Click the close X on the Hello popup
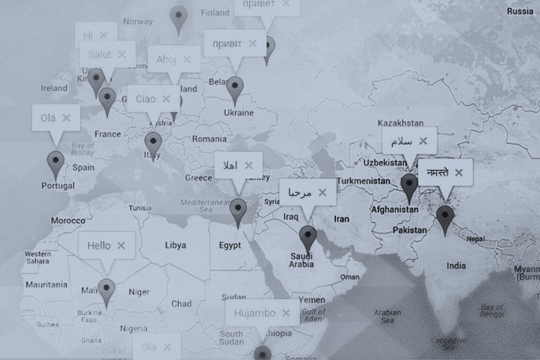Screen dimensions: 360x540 point(121,246)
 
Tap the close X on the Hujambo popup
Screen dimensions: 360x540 point(286,313)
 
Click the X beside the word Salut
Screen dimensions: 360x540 point(121,54)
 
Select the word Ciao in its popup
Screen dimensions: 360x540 point(146,99)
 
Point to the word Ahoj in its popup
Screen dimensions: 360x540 point(166,59)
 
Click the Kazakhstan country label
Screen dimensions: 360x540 point(400,123)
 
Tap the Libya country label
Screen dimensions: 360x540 point(175,245)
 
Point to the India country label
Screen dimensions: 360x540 point(456,266)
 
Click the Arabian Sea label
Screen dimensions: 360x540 point(387,316)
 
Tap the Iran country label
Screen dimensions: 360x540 point(342,219)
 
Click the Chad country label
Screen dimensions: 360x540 point(181,304)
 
